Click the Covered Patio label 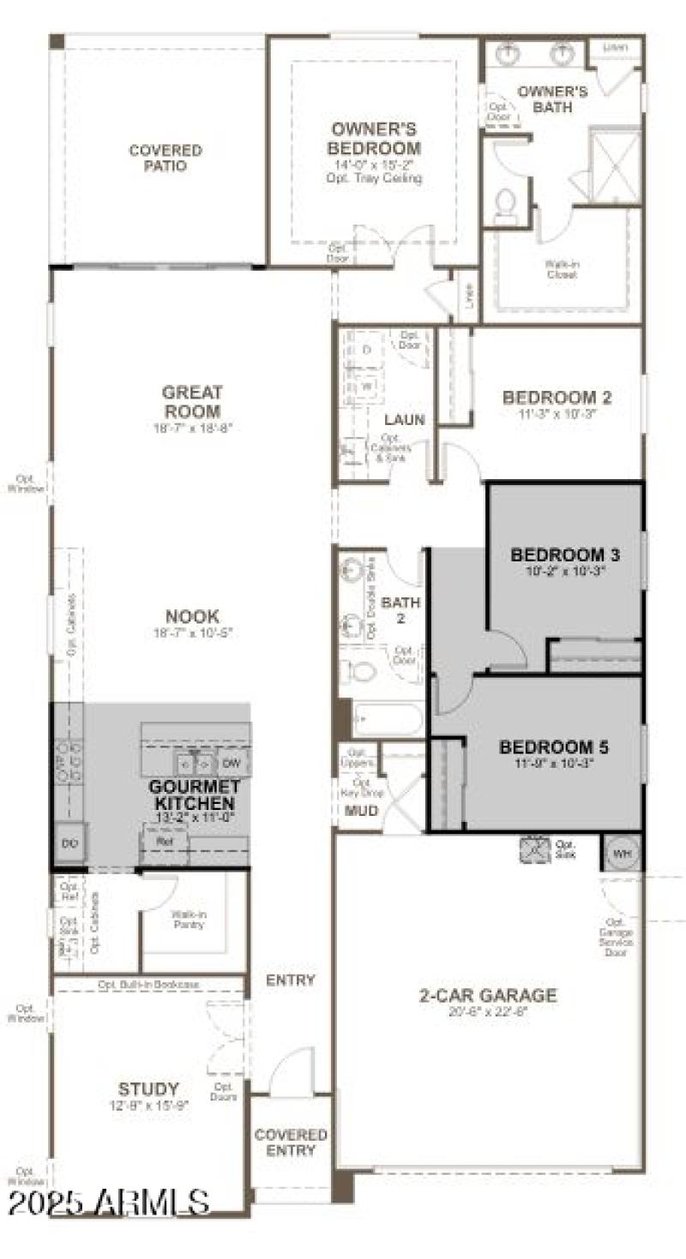click(165, 158)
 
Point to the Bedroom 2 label click(557, 398)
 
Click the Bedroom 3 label click(565, 554)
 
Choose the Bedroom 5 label click(558, 747)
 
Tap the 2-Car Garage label click(487, 995)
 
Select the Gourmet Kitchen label click(193, 794)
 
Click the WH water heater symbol click(621, 854)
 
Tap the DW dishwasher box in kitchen click(232, 762)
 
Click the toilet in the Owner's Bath click(506, 207)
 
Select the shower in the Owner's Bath click(615, 165)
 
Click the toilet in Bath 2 click(362, 669)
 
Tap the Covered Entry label click(291, 1142)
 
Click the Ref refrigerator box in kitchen click(165, 842)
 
